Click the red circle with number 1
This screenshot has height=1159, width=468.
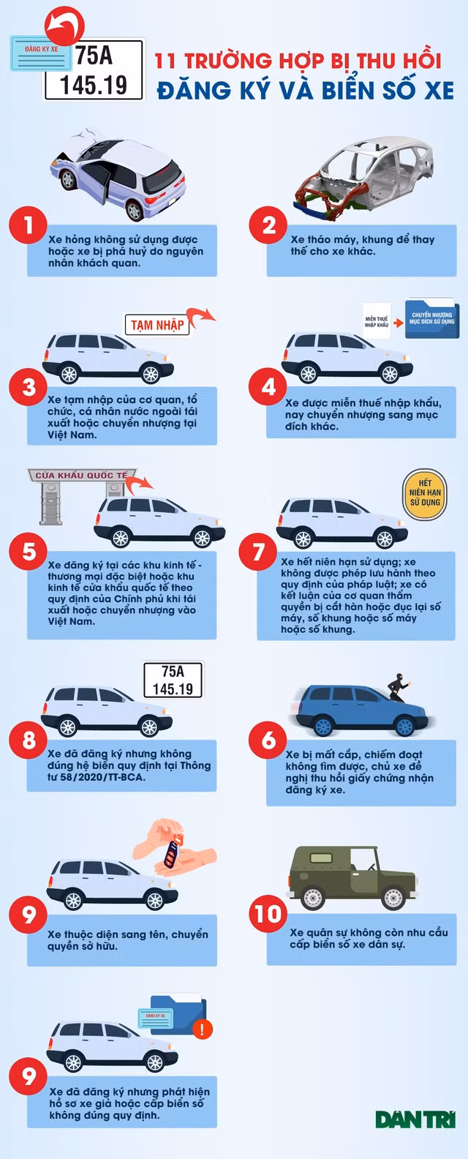click(29, 225)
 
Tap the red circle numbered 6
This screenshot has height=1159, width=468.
click(268, 740)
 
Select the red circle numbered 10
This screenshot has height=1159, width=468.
click(268, 914)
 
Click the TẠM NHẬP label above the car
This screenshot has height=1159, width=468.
click(157, 325)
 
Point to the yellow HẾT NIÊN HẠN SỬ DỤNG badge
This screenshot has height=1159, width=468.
click(425, 493)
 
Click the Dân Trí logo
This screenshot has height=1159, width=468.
click(416, 1119)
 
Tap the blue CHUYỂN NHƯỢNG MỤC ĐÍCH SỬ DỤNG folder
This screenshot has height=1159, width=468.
click(432, 318)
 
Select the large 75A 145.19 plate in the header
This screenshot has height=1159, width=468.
click(94, 70)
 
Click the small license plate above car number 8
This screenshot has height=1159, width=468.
click(173, 680)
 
